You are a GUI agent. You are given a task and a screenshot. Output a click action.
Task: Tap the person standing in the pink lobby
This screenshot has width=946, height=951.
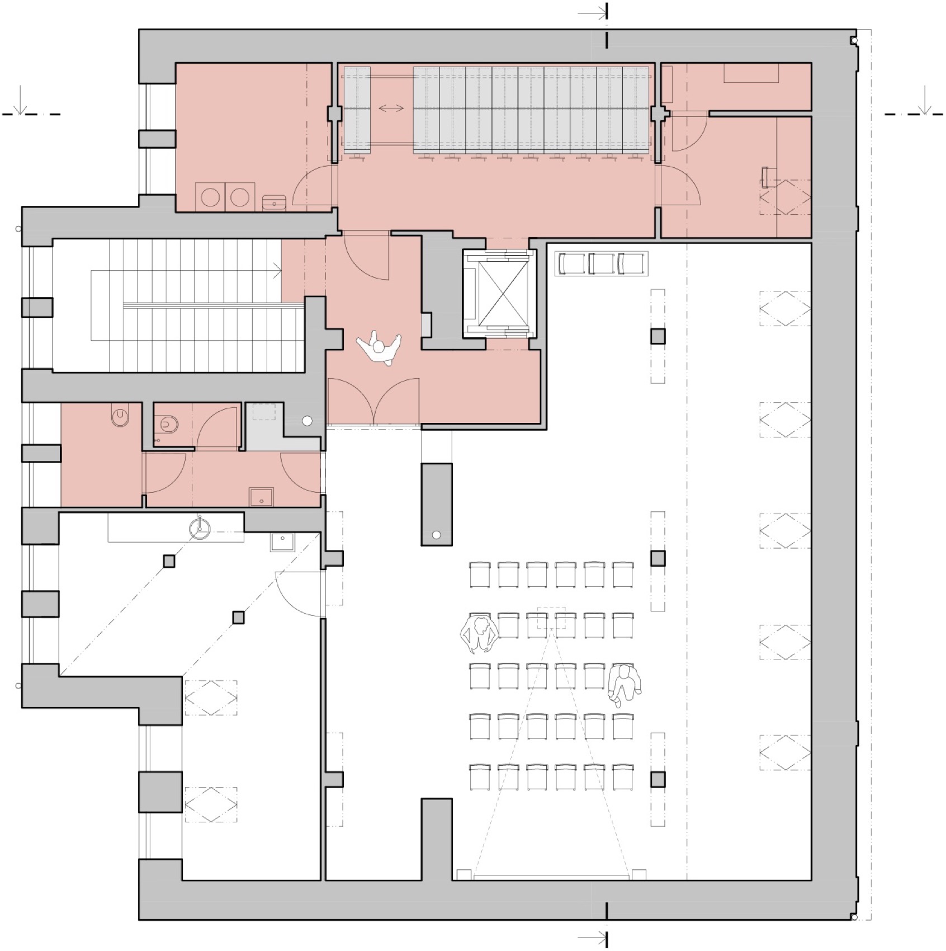379,349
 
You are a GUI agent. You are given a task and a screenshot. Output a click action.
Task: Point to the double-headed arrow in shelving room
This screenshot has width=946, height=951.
391,108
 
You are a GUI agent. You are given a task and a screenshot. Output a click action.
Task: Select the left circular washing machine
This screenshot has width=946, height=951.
210,197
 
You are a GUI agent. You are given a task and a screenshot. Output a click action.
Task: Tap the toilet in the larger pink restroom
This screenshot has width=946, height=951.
120,417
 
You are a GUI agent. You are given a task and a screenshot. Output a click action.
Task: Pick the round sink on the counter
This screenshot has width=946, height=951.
199,528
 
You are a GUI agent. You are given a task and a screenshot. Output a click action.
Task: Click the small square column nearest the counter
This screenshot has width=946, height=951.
169,561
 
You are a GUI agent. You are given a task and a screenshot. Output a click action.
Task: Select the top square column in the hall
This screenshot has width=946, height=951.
658,336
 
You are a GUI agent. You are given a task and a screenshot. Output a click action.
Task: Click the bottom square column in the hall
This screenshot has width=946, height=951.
658,779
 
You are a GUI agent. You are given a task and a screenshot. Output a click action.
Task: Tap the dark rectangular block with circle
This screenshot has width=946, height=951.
436,503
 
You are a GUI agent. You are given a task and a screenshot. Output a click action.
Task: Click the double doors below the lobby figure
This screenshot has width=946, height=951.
373,402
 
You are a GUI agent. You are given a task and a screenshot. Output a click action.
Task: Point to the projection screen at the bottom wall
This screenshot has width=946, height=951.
551,877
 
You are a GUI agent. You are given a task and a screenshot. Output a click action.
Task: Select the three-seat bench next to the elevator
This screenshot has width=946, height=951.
601,263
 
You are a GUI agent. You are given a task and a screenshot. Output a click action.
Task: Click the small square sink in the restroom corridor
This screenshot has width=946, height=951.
261,497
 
